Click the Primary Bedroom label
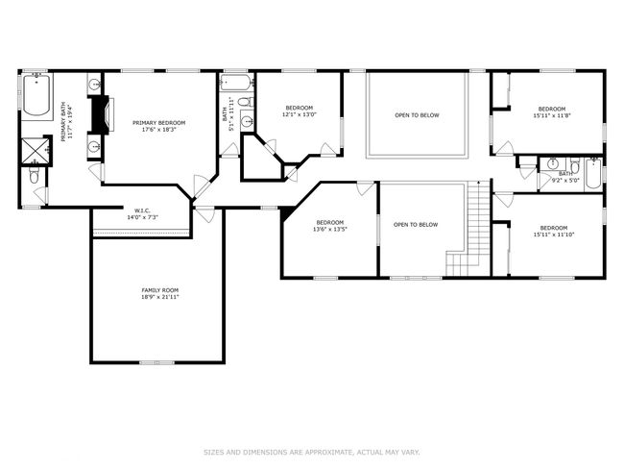[158, 123]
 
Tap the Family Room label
[160, 290]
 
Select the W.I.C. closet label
[142, 210]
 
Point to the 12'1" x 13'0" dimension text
[300, 114]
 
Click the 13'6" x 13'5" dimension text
[330, 229]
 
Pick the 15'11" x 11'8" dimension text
[552, 115]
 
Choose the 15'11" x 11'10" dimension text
[554, 234]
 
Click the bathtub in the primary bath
[36, 94]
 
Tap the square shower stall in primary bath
[35, 151]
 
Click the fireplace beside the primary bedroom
[101, 114]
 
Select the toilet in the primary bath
[34, 175]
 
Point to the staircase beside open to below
[468, 228]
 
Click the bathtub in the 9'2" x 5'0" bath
[593, 174]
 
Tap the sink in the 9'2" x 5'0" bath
[552, 163]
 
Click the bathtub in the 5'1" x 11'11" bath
[236, 83]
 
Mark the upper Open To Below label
[417, 115]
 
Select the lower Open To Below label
[416, 225]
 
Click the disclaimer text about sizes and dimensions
[312, 453]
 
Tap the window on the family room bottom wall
[156, 362]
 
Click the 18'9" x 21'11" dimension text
[160, 297]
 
